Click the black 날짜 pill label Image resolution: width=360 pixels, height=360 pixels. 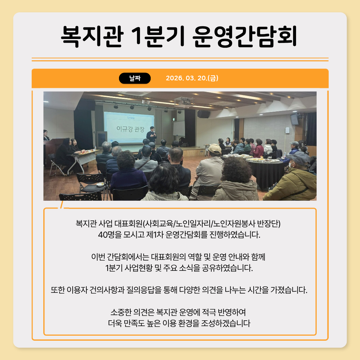[135, 78]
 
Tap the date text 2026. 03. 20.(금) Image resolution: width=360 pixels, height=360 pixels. [192, 78]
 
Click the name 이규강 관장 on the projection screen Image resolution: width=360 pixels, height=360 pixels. [130, 129]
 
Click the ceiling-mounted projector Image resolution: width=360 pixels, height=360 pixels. [184, 101]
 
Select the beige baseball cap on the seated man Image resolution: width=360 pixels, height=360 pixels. [215, 149]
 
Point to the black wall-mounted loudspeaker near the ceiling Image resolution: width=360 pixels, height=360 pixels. [203, 114]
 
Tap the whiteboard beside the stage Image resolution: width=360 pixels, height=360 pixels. [179, 128]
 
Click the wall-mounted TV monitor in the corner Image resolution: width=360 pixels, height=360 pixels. [294, 119]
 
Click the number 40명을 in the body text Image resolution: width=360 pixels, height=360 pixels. [110, 235]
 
